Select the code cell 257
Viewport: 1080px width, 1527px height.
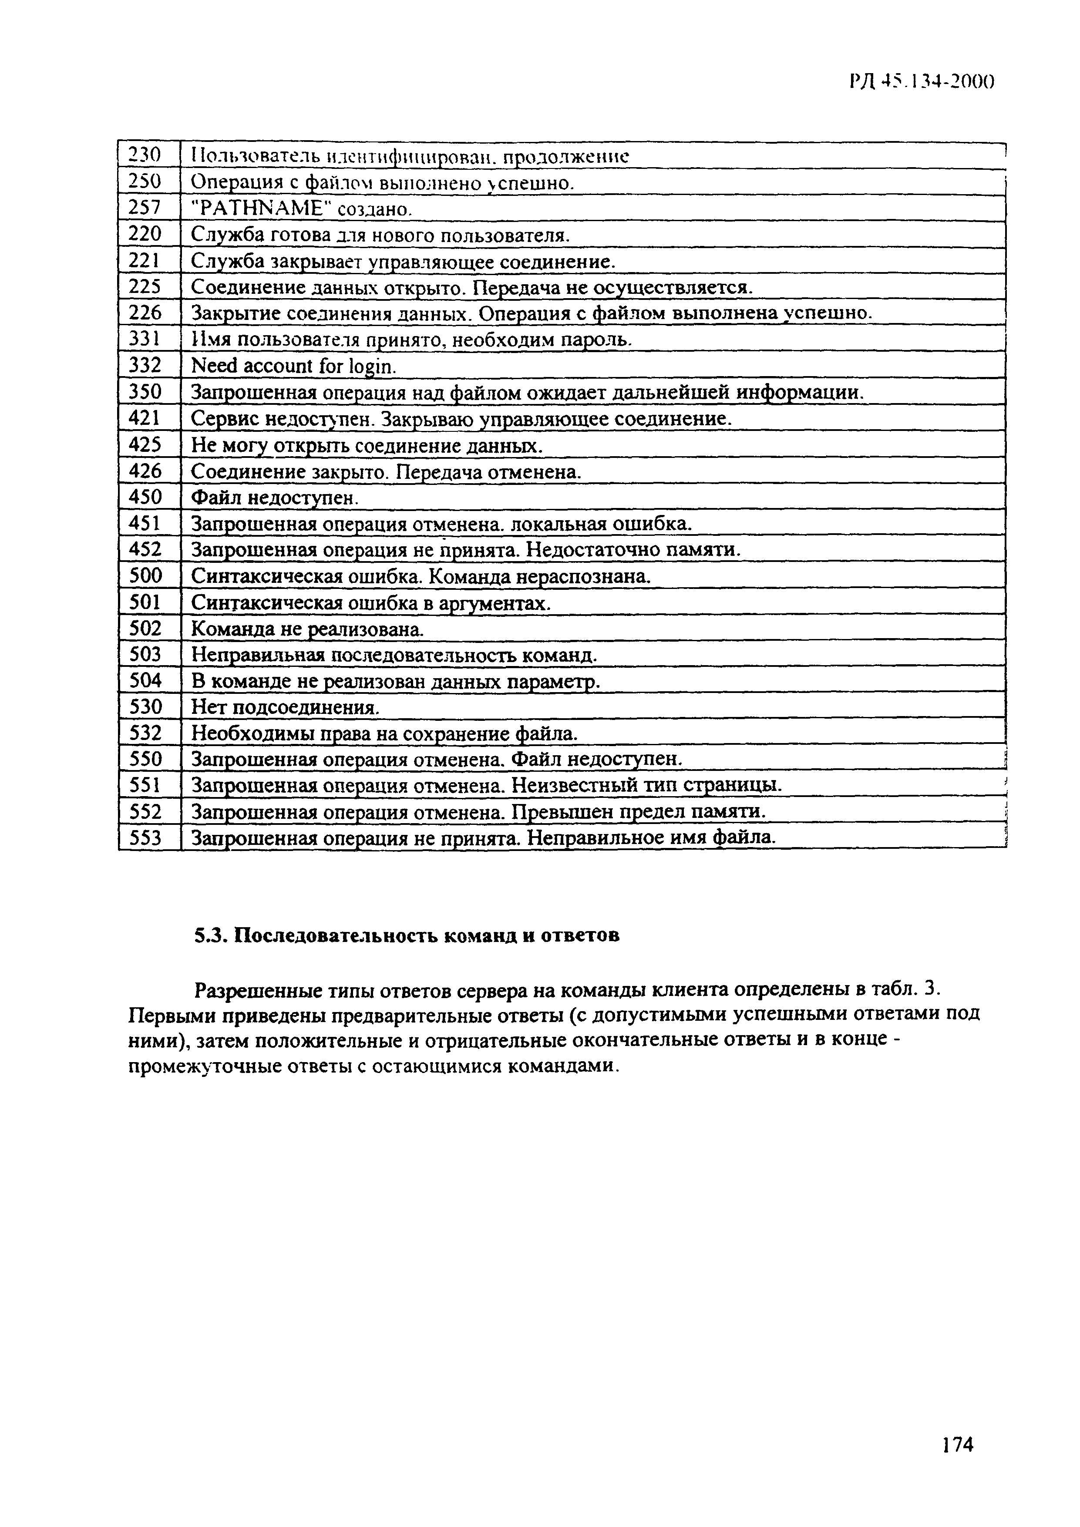tap(146, 208)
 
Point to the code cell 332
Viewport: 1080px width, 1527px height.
tap(146, 365)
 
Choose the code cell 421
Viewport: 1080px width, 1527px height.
tap(146, 418)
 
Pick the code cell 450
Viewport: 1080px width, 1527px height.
tap(146, 496)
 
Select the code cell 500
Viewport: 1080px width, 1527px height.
tap(146, 575)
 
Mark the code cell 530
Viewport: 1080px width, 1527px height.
tap(146, 706)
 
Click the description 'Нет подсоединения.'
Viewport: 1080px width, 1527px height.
tap(285, 706)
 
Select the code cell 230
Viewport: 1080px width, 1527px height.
tap(146, 156)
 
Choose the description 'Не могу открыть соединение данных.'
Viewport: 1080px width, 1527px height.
tap(367, 444)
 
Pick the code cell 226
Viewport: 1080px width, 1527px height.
tap(146, 313)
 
